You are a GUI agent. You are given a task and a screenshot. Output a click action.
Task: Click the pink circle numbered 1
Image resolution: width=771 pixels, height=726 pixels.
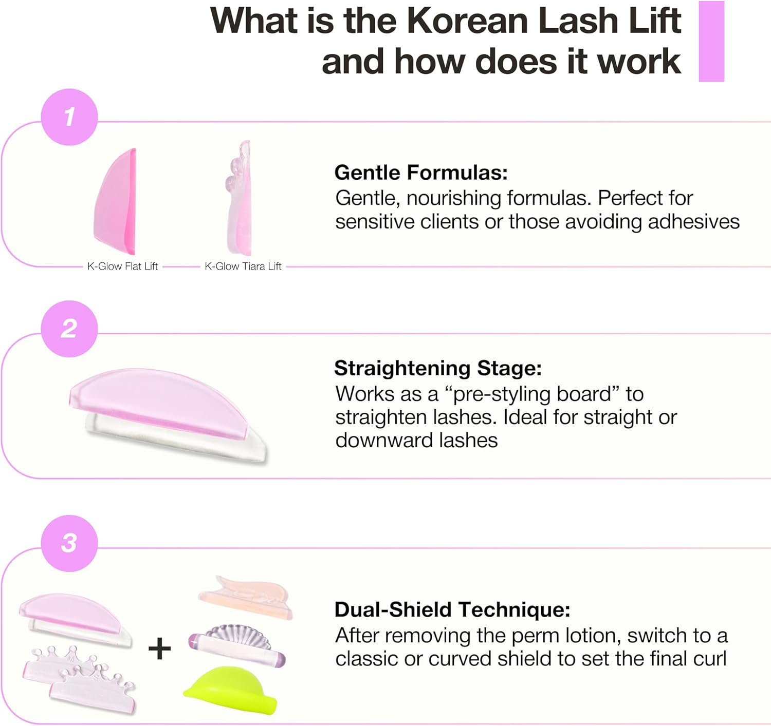(x=69, y=117)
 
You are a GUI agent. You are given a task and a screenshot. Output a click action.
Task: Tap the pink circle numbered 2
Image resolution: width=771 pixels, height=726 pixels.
(x=69, y=329)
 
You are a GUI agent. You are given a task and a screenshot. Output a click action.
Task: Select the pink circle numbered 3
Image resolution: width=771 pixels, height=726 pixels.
(x=69, y=543)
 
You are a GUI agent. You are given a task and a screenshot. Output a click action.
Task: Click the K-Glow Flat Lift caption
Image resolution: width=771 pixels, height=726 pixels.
(x=122, y=266)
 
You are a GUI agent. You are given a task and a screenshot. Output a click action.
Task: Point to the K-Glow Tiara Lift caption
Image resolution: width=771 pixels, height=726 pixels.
(x=243, y=266)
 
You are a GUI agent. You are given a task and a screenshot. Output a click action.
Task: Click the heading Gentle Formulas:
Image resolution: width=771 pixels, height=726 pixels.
(x=421, y=173)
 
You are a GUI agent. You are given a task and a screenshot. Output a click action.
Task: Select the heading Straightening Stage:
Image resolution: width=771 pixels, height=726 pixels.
(x=438, y=368)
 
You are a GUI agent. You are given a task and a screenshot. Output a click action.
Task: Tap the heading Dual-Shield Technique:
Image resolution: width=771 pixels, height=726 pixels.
(x=452, y=609)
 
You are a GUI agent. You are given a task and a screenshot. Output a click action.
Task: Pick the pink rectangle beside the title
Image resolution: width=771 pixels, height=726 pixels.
(x=711, y=41)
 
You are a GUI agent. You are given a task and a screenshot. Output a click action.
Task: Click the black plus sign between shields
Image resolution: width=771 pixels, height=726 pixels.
(x=159, y=648)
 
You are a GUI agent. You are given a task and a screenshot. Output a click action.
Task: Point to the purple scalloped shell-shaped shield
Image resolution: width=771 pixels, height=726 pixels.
(x=236, y=644)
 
